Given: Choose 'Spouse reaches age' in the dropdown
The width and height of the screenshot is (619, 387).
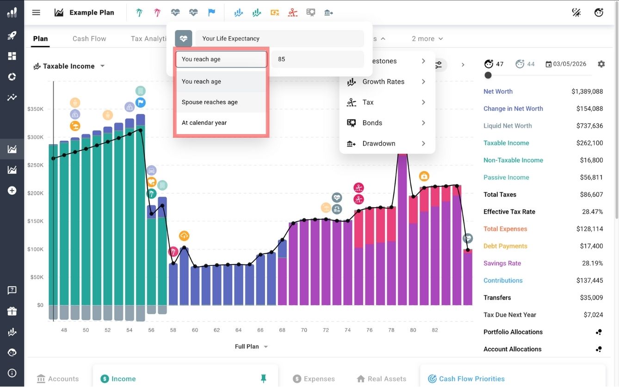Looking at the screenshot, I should coord(210,102).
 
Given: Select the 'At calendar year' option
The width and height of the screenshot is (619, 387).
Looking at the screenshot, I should coord(204,123).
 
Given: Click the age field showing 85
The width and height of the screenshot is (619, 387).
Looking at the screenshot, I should coord(317,59).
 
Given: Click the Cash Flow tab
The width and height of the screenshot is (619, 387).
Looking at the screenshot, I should coord(89,39).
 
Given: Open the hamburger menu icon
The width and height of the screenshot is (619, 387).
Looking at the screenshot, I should coord(36,12).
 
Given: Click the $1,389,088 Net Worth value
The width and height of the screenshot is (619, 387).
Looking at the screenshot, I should coord(587,92).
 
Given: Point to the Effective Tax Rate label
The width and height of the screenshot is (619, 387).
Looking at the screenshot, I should coord(509,212).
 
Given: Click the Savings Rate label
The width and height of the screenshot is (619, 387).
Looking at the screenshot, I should coord(502,264).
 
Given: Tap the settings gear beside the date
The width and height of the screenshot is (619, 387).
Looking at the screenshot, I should coord(601,64).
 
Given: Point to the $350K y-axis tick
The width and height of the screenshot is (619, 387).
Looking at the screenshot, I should coord(36,110).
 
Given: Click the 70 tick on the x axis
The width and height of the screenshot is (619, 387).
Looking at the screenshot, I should coord(304,330).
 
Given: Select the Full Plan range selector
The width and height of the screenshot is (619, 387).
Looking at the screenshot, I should coord(251,347).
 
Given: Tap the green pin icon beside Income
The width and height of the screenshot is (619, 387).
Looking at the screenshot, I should coord(263,379).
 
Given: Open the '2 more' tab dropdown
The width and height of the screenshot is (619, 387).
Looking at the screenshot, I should coord(427,39).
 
